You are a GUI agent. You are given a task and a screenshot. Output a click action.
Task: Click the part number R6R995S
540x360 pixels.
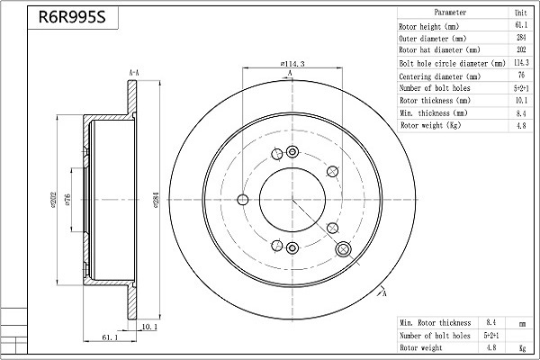coord(66,17)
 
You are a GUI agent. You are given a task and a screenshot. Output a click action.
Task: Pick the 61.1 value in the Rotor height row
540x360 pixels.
coord(520,27)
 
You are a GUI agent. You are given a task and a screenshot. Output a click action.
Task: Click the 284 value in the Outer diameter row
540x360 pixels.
coord(520,39)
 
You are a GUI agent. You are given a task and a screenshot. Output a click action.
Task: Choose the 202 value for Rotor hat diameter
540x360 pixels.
coord(520,51)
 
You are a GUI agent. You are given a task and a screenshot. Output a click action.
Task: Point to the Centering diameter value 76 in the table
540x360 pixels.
coord(520,76)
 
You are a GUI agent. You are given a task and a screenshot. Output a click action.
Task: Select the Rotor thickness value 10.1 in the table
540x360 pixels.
coord(520,101)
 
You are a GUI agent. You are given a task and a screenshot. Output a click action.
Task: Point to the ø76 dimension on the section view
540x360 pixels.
coord(67,200)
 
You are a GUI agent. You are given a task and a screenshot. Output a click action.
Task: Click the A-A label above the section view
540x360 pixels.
coord(133,72)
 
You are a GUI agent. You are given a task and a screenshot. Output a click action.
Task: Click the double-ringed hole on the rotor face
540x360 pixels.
coord(343,248)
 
